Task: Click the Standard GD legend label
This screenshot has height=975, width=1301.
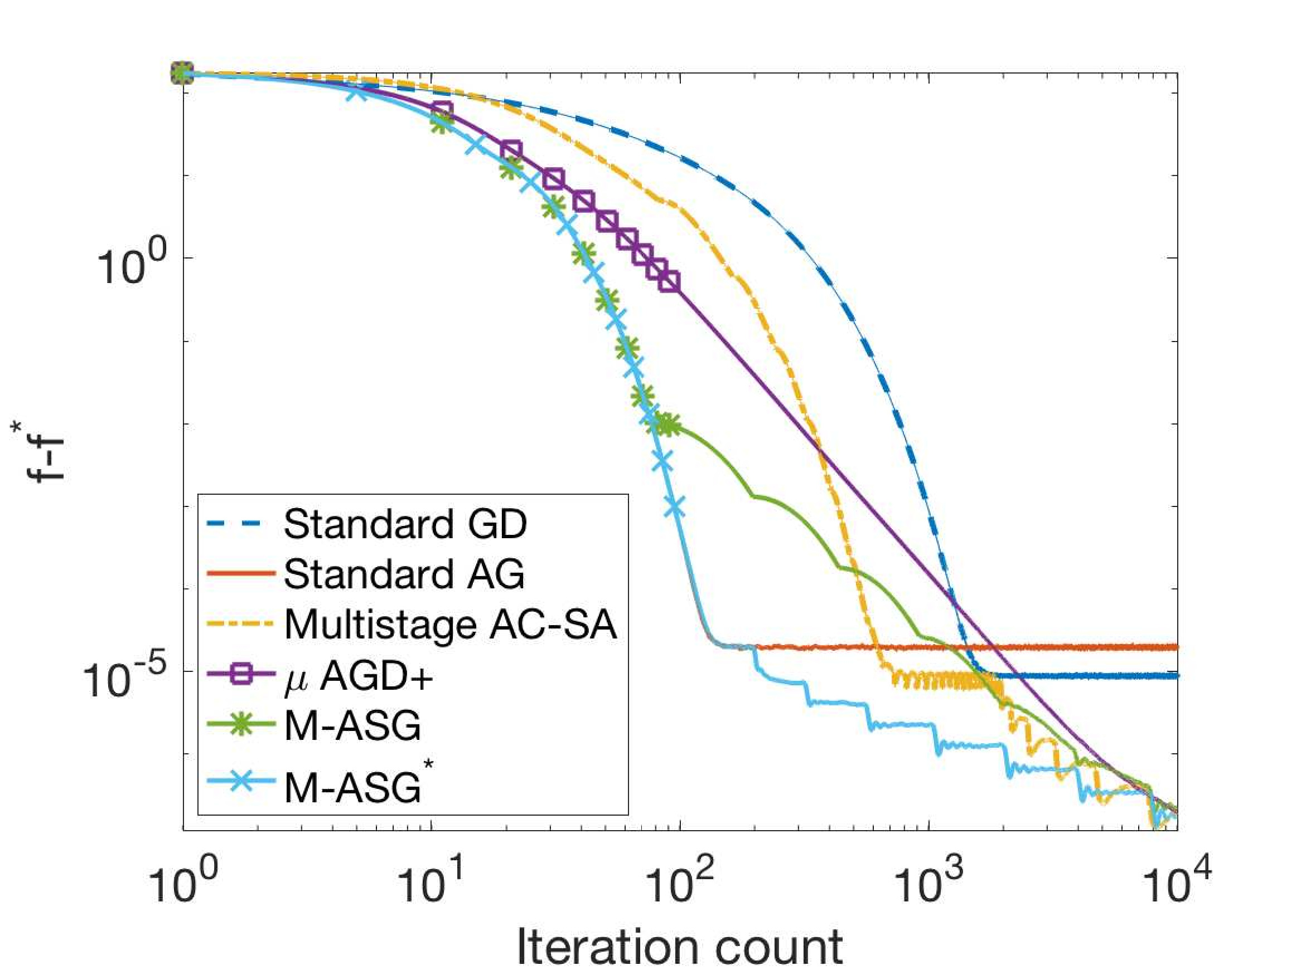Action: coord(405,524)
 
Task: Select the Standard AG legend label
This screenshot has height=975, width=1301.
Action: coord(404,574)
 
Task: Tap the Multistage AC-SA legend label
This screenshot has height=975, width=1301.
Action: coord(451,624)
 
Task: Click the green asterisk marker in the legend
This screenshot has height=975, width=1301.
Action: coord(241,725)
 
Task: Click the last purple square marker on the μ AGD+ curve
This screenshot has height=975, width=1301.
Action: coord(669,282)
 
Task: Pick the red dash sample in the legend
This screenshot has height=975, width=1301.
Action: coord(241,574)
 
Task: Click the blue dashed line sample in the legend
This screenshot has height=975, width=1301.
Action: coord(241,524)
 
